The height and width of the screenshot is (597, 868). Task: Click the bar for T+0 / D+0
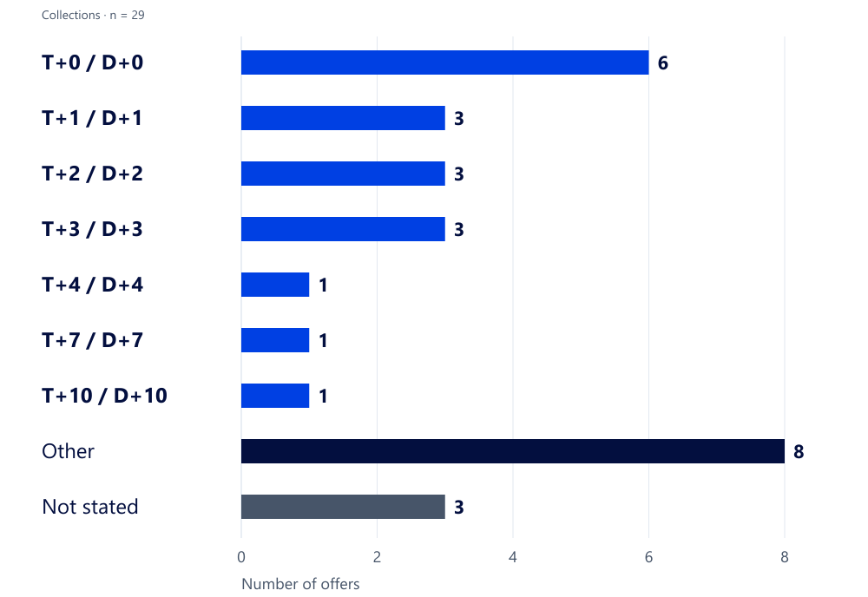tap(444, 62)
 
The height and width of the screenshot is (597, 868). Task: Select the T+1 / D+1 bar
tap(343, 118)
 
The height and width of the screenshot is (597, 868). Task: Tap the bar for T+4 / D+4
tap(275, 285)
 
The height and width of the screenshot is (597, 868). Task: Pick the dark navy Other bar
tap(513, 451)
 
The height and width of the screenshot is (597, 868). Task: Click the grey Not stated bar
tap(343, 507)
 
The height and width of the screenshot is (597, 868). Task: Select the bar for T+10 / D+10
tap(275, 396)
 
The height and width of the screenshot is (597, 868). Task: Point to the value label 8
tap(799, 451)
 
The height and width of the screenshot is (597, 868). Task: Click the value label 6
tap(662, 63)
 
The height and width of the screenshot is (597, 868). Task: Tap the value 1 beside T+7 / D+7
tap(323, 340)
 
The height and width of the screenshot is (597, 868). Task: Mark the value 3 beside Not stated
tap(459, 507)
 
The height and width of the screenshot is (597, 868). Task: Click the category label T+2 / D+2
tap(93, 174)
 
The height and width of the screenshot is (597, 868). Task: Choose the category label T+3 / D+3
tap(93, 229)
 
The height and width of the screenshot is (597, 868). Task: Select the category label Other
tap(68, 451)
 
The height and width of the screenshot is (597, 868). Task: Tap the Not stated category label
tap(90, 507)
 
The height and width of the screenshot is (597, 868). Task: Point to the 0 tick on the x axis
tap(241, 556)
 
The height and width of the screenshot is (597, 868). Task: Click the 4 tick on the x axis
tap(513, 556)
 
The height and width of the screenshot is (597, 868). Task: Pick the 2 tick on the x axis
tap(377, 556)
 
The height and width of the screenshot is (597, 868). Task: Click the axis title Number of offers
tap(300, 584)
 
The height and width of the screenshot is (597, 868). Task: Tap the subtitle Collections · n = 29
tap(93, 15)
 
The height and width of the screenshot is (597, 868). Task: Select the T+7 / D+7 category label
tap(93, 340)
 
